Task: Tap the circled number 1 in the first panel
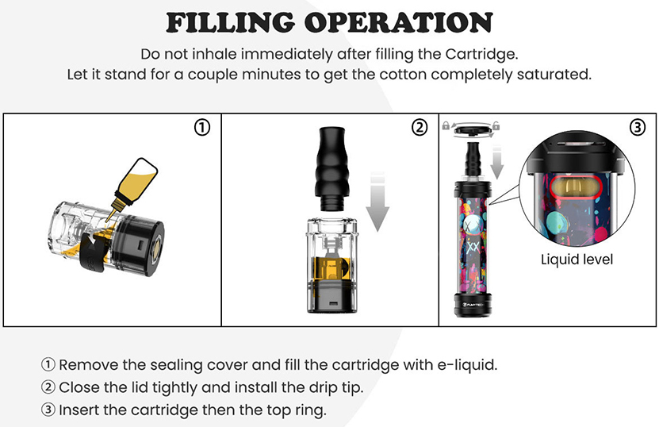pyautogui.click(x=203, y=127)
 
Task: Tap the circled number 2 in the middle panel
pyautogui.click(x=420, y=127)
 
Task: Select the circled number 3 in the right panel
pyautogui.click(x=638, y=127)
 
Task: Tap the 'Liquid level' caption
pyautogui.click(x=577, y=260)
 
